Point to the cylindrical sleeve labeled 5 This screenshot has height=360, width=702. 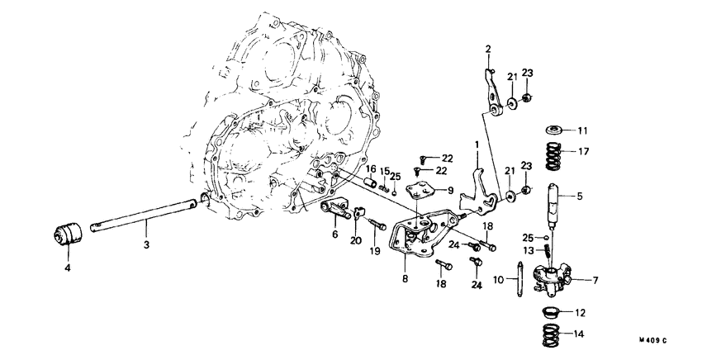[553, 199]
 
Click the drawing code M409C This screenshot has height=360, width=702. [651, 341]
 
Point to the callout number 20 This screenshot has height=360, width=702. [356, 241]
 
